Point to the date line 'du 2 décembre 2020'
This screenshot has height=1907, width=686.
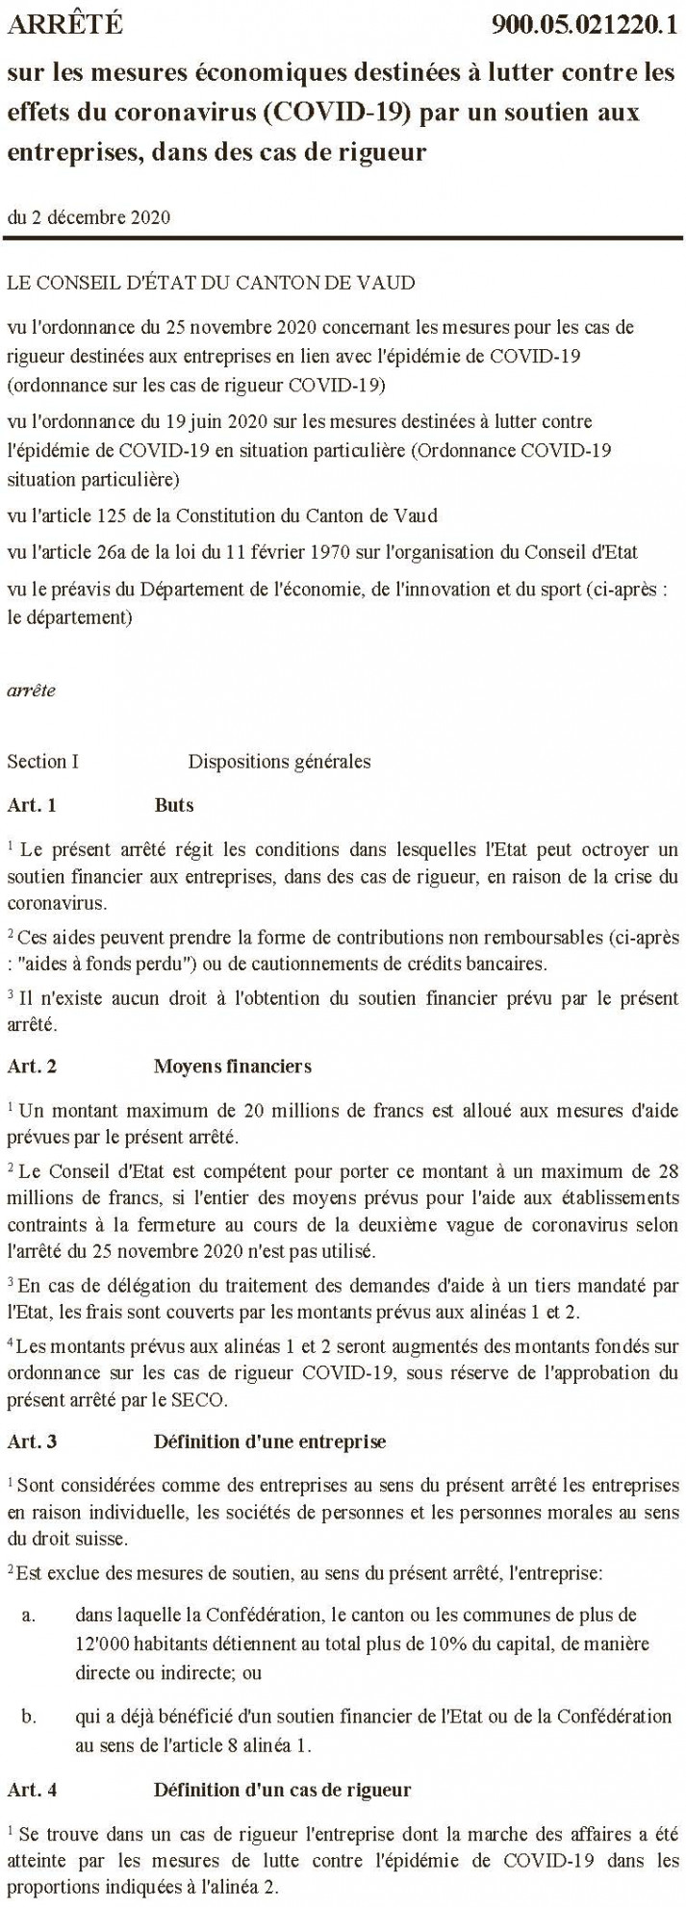point(89,217)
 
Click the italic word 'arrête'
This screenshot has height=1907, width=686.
point(31,690)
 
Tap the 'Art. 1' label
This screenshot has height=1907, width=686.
point(32,805)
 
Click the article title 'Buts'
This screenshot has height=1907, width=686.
point(174,805)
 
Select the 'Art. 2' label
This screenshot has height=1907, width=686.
point(32,1066)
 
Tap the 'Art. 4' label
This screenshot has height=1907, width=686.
point(32,1790)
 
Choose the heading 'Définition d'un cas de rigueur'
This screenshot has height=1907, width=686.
point(282,1790)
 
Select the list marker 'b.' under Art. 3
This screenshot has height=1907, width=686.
point(29,1717)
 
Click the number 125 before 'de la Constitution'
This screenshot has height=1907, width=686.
point(115,516)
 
